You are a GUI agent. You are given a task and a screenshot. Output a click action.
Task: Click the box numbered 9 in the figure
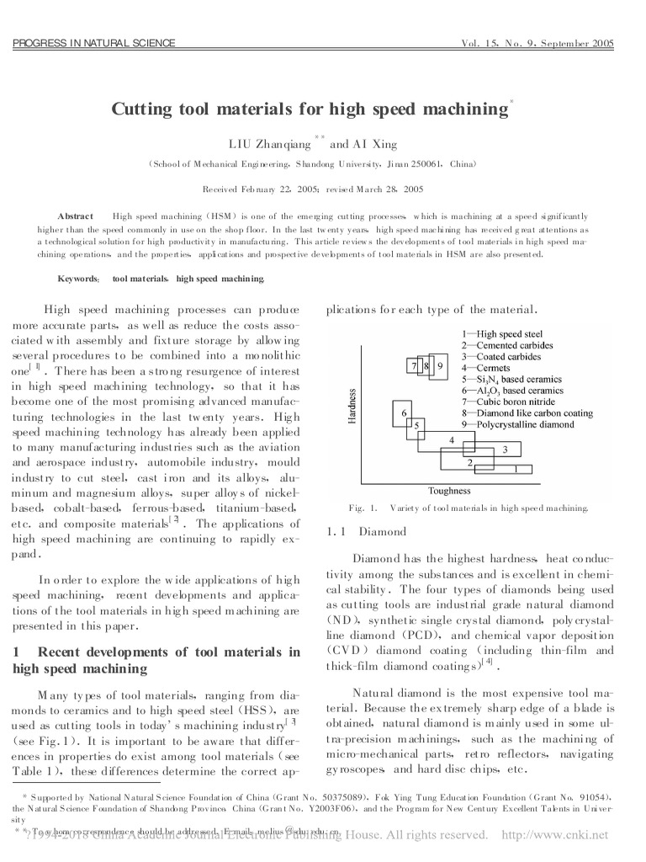click(x=440, y=366)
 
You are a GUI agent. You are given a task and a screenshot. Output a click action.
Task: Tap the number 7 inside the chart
click(x=414, y=366)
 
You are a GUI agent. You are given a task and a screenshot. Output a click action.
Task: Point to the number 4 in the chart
click(x=452, y=440)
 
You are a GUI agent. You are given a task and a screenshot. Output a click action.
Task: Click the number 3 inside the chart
click(x=505, y=450)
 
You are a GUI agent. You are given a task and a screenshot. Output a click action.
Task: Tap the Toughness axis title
click(x=449, y=491)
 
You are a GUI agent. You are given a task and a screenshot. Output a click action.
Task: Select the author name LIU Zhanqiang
click(x=269, y=144)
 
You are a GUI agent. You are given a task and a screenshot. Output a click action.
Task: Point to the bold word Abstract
click(x=75, y=216)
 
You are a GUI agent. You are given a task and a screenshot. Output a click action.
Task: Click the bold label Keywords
click(x=78, y=278)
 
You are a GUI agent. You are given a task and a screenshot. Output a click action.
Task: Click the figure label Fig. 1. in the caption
click(x=363, y=508)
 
